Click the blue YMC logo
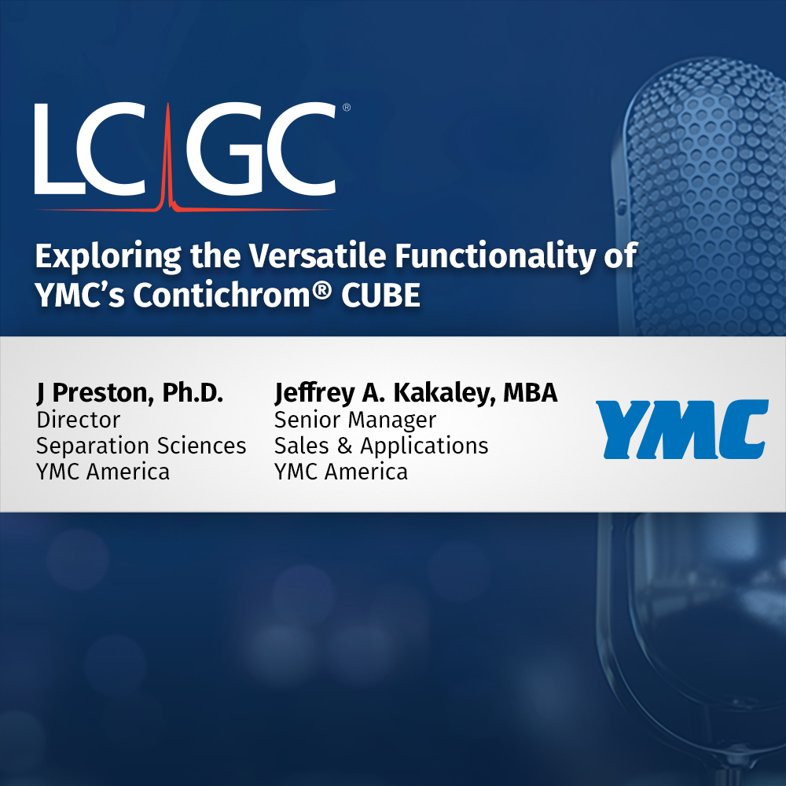point(681,428)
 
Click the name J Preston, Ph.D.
point(130,394)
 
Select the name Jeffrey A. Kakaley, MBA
point(416,394)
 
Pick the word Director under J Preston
point(79,420)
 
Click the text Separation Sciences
point(141,446)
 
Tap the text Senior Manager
point(355,420)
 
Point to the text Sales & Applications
point(381,446)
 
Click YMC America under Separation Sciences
point(103,472)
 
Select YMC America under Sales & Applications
point(341,472)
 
